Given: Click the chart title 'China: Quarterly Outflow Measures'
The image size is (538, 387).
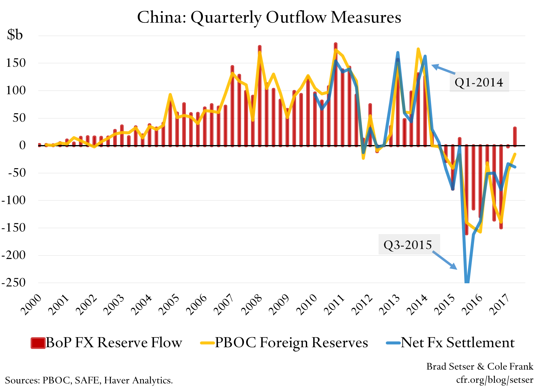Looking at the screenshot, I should [269, 17].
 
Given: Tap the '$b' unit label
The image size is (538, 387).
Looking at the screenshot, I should [15, 35].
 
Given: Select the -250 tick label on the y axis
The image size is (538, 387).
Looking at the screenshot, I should [14, 283].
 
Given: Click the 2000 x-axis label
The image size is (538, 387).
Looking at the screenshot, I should [31, 305].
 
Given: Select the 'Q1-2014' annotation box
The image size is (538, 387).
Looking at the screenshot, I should [479, 82].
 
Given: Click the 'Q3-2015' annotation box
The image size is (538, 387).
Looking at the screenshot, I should [409, 245].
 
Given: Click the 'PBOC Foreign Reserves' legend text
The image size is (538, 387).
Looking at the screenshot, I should [291, 343].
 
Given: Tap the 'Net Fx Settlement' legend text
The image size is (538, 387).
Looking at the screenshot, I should [458, 343].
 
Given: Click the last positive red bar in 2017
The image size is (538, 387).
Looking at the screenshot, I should [515, 137].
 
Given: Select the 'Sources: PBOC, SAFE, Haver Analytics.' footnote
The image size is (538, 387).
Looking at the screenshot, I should [89, 380].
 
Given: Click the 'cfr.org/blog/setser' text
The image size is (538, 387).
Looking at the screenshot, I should [494, 380].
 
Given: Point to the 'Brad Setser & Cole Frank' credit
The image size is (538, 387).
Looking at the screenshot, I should [480, 366].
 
